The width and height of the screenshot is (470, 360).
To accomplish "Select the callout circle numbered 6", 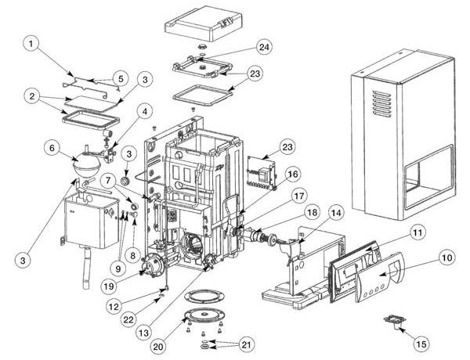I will pyautogui.click(x=51, y=146).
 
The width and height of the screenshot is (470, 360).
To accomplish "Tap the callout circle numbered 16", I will pyautogui.click(x=291, y=173).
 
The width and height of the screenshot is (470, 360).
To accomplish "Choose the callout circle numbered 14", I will pyautogui.click(x=336, y=211).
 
